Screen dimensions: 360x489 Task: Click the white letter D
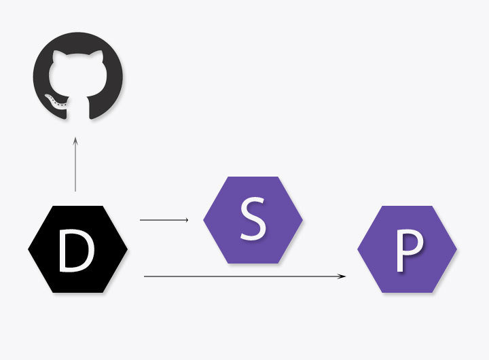[77, 250]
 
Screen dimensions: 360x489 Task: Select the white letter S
[253, 220]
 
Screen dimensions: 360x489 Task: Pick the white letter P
[407, 250]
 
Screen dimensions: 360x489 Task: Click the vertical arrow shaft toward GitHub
[75, 166]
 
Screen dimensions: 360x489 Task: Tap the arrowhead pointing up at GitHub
[75, 139]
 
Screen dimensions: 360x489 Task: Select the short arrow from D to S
[163, 220]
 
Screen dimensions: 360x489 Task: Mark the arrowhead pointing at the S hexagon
[187, 220]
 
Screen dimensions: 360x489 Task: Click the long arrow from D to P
[244, 276]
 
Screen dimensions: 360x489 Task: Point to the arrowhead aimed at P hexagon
[344, 276]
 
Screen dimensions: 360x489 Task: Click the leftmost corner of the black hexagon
[29, 249]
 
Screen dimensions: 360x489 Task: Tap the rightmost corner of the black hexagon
[127, 249]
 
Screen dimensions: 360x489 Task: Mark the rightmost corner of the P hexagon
[456, 249]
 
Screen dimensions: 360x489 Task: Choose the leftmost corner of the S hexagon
[204, 220]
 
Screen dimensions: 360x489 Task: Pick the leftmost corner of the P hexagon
[358, 249]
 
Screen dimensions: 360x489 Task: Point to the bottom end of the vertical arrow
[75, 191]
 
